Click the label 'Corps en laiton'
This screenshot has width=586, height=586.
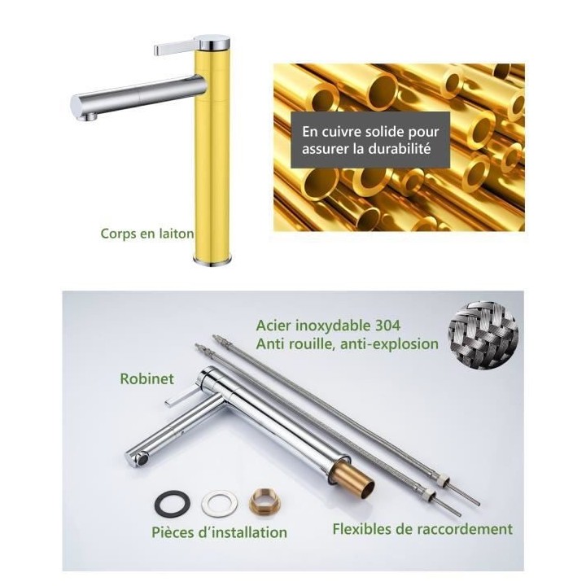pos(147,234)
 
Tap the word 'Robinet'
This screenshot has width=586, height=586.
pos(146,378)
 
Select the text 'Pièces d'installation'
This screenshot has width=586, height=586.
pos(220,532)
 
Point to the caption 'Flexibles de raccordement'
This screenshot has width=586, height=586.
pos(422,529)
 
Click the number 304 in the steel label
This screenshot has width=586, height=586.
pos(387,326)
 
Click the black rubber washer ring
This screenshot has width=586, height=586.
pos(173,503)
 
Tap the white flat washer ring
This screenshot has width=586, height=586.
pos(220,504)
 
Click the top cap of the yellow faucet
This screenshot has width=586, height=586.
pos(212,42)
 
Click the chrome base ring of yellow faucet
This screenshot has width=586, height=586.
pos(212,261)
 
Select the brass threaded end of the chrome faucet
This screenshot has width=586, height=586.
pos(360,481)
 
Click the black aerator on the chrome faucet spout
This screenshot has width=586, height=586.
pos(142,458)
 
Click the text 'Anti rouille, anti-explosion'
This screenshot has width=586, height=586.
pos(348,343)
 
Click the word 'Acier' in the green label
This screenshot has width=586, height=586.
pos(273,326)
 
